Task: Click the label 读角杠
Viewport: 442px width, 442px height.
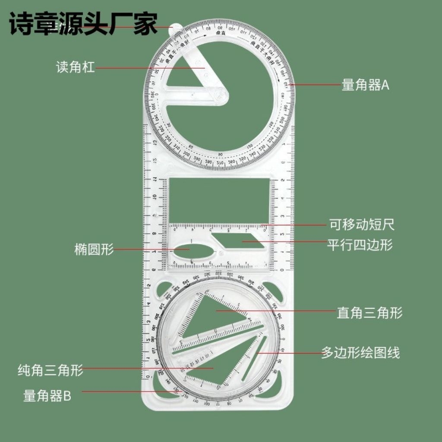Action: click(x=75, y=67)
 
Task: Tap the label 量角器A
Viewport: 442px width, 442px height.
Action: click(x=365, y=85)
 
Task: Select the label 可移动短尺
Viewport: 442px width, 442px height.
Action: click(x=362, y=224)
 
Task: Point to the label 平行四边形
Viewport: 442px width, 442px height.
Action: click(x=360, y=245)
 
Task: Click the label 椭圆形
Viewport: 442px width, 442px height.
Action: click(x=94, y=249)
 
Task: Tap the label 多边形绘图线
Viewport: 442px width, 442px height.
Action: click(x=360, y=353)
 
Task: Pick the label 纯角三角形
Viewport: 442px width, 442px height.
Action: click(x=50, y=370)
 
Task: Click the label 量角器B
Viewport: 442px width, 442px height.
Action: click(x=47, y=395)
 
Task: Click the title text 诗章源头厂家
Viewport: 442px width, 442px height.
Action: click(x=83, y=24)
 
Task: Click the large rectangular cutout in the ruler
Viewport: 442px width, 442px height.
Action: click(x=219, y=200)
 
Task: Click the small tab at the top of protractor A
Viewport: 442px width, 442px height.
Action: click(x=176, y=27)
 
